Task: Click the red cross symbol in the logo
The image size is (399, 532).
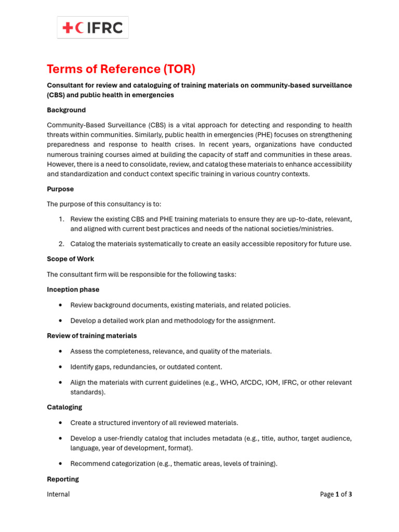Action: pos(68,28)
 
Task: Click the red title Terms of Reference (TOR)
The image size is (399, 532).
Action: pos(121,69)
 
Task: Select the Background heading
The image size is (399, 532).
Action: pos(66,110)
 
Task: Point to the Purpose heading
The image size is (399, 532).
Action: pos(60,189)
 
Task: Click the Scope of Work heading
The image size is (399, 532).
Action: pos(70,259)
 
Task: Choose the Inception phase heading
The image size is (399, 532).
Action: pos(73,289)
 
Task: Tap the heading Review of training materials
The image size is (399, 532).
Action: pos(92,336)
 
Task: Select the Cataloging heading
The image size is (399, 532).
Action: pos(64,407)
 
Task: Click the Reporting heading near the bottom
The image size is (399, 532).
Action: pos(63,479)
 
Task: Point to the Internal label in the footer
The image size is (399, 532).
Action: pos(58,494)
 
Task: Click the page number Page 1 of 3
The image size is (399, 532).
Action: pos(336,494)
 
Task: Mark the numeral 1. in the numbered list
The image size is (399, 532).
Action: pos(61,219)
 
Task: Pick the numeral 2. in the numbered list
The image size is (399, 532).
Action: pos(61,244)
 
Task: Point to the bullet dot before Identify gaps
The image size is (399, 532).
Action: pos(61,367)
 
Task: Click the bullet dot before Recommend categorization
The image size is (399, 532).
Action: pos(61,463)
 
